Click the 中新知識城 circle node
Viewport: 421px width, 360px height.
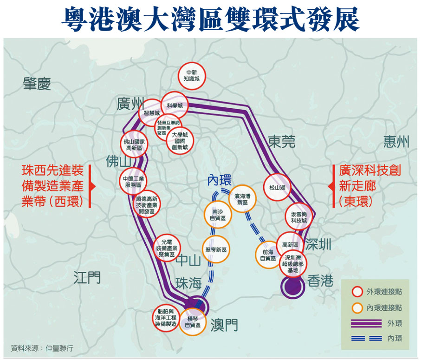tap(192, 76)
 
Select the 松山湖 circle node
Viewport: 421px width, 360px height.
tap(277, 188)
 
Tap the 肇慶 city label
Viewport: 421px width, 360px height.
tap(37, 84)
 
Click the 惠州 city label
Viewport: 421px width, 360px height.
tap(396, 142)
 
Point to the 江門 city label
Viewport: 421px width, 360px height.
tap(87, 278)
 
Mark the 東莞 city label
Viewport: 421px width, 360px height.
tap(281, 142)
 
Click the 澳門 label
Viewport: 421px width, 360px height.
tap(224, 325)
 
